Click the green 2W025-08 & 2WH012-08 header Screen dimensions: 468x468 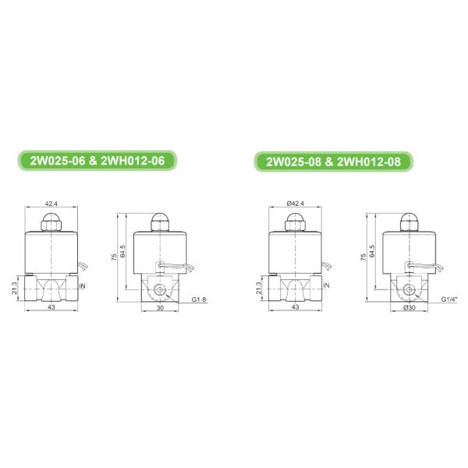pyautogui.click(x=334, y=161)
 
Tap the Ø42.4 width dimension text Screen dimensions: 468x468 pyautogui.click(x=296, y=203)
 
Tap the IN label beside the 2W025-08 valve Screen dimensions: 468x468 pyautogui.click(x=327, y=285)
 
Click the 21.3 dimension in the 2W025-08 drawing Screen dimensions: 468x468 pyautogui.click(x=258, y=288)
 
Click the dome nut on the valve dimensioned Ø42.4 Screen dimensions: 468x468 pyautogui.click(x=294, y=225)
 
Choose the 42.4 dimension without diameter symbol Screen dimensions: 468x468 pyautogui.click(x=51, y=203)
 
